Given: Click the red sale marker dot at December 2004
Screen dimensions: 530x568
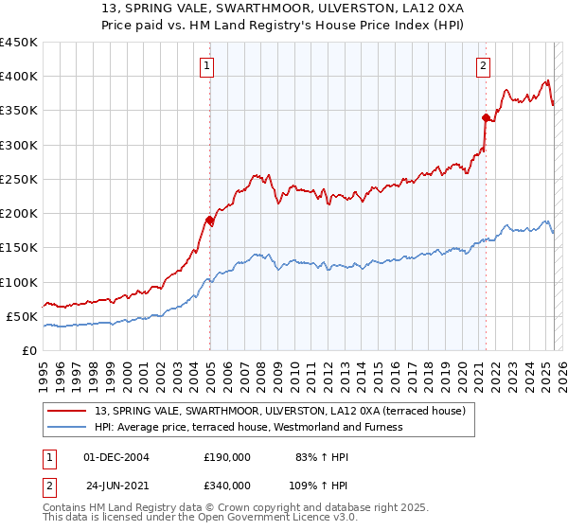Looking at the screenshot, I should click(x=209, y=220).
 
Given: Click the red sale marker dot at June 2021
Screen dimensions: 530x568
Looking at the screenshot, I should click(x=486, y=118).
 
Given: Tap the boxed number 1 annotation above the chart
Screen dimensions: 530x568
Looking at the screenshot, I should click(x=206, y=65).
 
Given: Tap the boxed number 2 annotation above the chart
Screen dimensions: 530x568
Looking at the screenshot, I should click(x=483, y=65).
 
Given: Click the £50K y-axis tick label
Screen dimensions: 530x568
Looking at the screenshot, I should click(x=23, y=316).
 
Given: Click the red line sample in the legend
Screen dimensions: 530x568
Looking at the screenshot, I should click(x=66, y=412).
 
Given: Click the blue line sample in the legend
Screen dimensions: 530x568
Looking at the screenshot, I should click(x=66, y=427).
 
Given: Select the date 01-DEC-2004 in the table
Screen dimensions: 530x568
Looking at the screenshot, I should click(x=117, y=457).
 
